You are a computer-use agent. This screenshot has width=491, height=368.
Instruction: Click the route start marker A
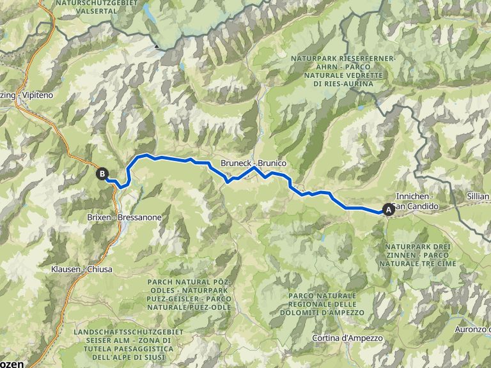pos(388,208)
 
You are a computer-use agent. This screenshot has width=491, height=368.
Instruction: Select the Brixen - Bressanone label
pos(124,217)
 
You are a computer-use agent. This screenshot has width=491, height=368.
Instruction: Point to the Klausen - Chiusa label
pos(81,270)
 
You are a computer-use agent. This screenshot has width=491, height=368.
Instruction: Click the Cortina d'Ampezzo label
pos(348,337)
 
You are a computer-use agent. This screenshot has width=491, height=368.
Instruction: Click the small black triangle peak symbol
pos(157,46)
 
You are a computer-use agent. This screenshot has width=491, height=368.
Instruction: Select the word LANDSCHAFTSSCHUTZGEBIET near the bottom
pos(129,332)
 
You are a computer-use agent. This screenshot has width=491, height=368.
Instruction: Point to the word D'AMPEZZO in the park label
pos(344,312)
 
